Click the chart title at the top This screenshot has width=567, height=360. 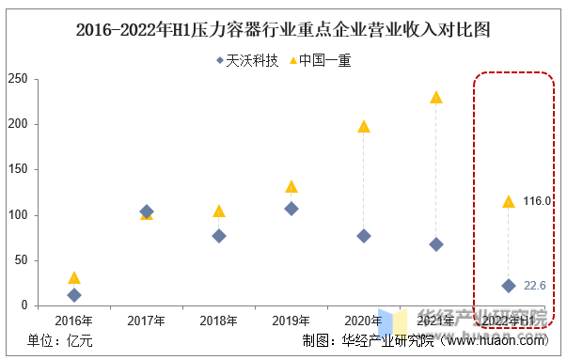(x=283, y=30)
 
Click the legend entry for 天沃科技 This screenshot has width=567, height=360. (x=246, y=61)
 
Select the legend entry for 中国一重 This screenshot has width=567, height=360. (x=319, y=61)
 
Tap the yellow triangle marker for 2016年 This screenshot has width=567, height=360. (x=74, y=278)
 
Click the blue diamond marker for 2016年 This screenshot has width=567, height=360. (x=74, y=295)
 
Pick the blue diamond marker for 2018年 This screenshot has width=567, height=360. (x=219, y=236)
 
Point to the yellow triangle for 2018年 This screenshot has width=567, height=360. (x=219, y=211)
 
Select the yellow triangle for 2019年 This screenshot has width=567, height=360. (x=291, y=187)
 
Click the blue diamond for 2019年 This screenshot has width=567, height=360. (x=291, y=209)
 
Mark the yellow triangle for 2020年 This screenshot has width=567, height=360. (x=364, y=126)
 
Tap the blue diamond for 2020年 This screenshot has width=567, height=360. (x=364, y=236)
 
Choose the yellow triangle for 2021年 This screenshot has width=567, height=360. (x=436, y=98)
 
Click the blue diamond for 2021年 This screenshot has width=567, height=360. (x=436, y=244)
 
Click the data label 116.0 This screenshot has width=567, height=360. (x=537, y=201)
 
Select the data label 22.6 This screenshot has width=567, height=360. (x=534, y=286)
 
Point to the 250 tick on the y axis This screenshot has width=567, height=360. (x=16, y=79)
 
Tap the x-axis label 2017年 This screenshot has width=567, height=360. (x=147, y=321)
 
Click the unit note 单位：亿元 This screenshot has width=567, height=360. (x=60, y=341)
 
